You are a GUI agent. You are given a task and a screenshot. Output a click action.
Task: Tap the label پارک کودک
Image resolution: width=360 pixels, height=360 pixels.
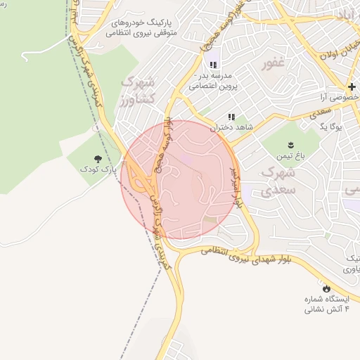coord(97,170)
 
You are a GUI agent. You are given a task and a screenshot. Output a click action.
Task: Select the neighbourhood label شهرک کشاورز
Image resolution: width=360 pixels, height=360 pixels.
coord(136,91)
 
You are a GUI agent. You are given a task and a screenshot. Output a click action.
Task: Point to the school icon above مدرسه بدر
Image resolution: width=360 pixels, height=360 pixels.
coord(213,65)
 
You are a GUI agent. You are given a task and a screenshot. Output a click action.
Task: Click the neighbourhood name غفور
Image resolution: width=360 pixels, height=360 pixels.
coord(274,64)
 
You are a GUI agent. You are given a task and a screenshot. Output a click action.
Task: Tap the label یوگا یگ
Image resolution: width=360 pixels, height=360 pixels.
coord(330,128)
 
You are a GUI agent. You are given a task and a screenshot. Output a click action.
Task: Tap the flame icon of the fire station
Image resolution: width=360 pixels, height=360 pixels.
coord(327,288)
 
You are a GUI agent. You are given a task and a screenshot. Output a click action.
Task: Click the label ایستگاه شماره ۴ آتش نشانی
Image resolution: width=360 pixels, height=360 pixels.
coord(327,304)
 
